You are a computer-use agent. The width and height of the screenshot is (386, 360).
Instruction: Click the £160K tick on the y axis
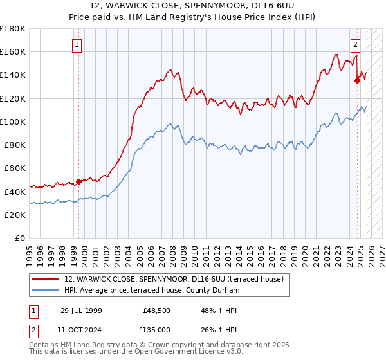13,51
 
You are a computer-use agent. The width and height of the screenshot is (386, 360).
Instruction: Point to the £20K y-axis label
15,215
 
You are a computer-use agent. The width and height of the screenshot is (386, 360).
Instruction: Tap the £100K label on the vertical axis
13,122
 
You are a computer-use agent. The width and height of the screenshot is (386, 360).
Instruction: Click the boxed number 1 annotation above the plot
77,45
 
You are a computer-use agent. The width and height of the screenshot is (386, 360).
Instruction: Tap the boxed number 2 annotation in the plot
354,45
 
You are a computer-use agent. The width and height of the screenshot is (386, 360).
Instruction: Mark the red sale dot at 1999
79,181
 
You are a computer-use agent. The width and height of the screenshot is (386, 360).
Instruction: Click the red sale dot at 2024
357,80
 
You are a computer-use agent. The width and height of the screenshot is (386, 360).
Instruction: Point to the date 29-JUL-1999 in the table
80,310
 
